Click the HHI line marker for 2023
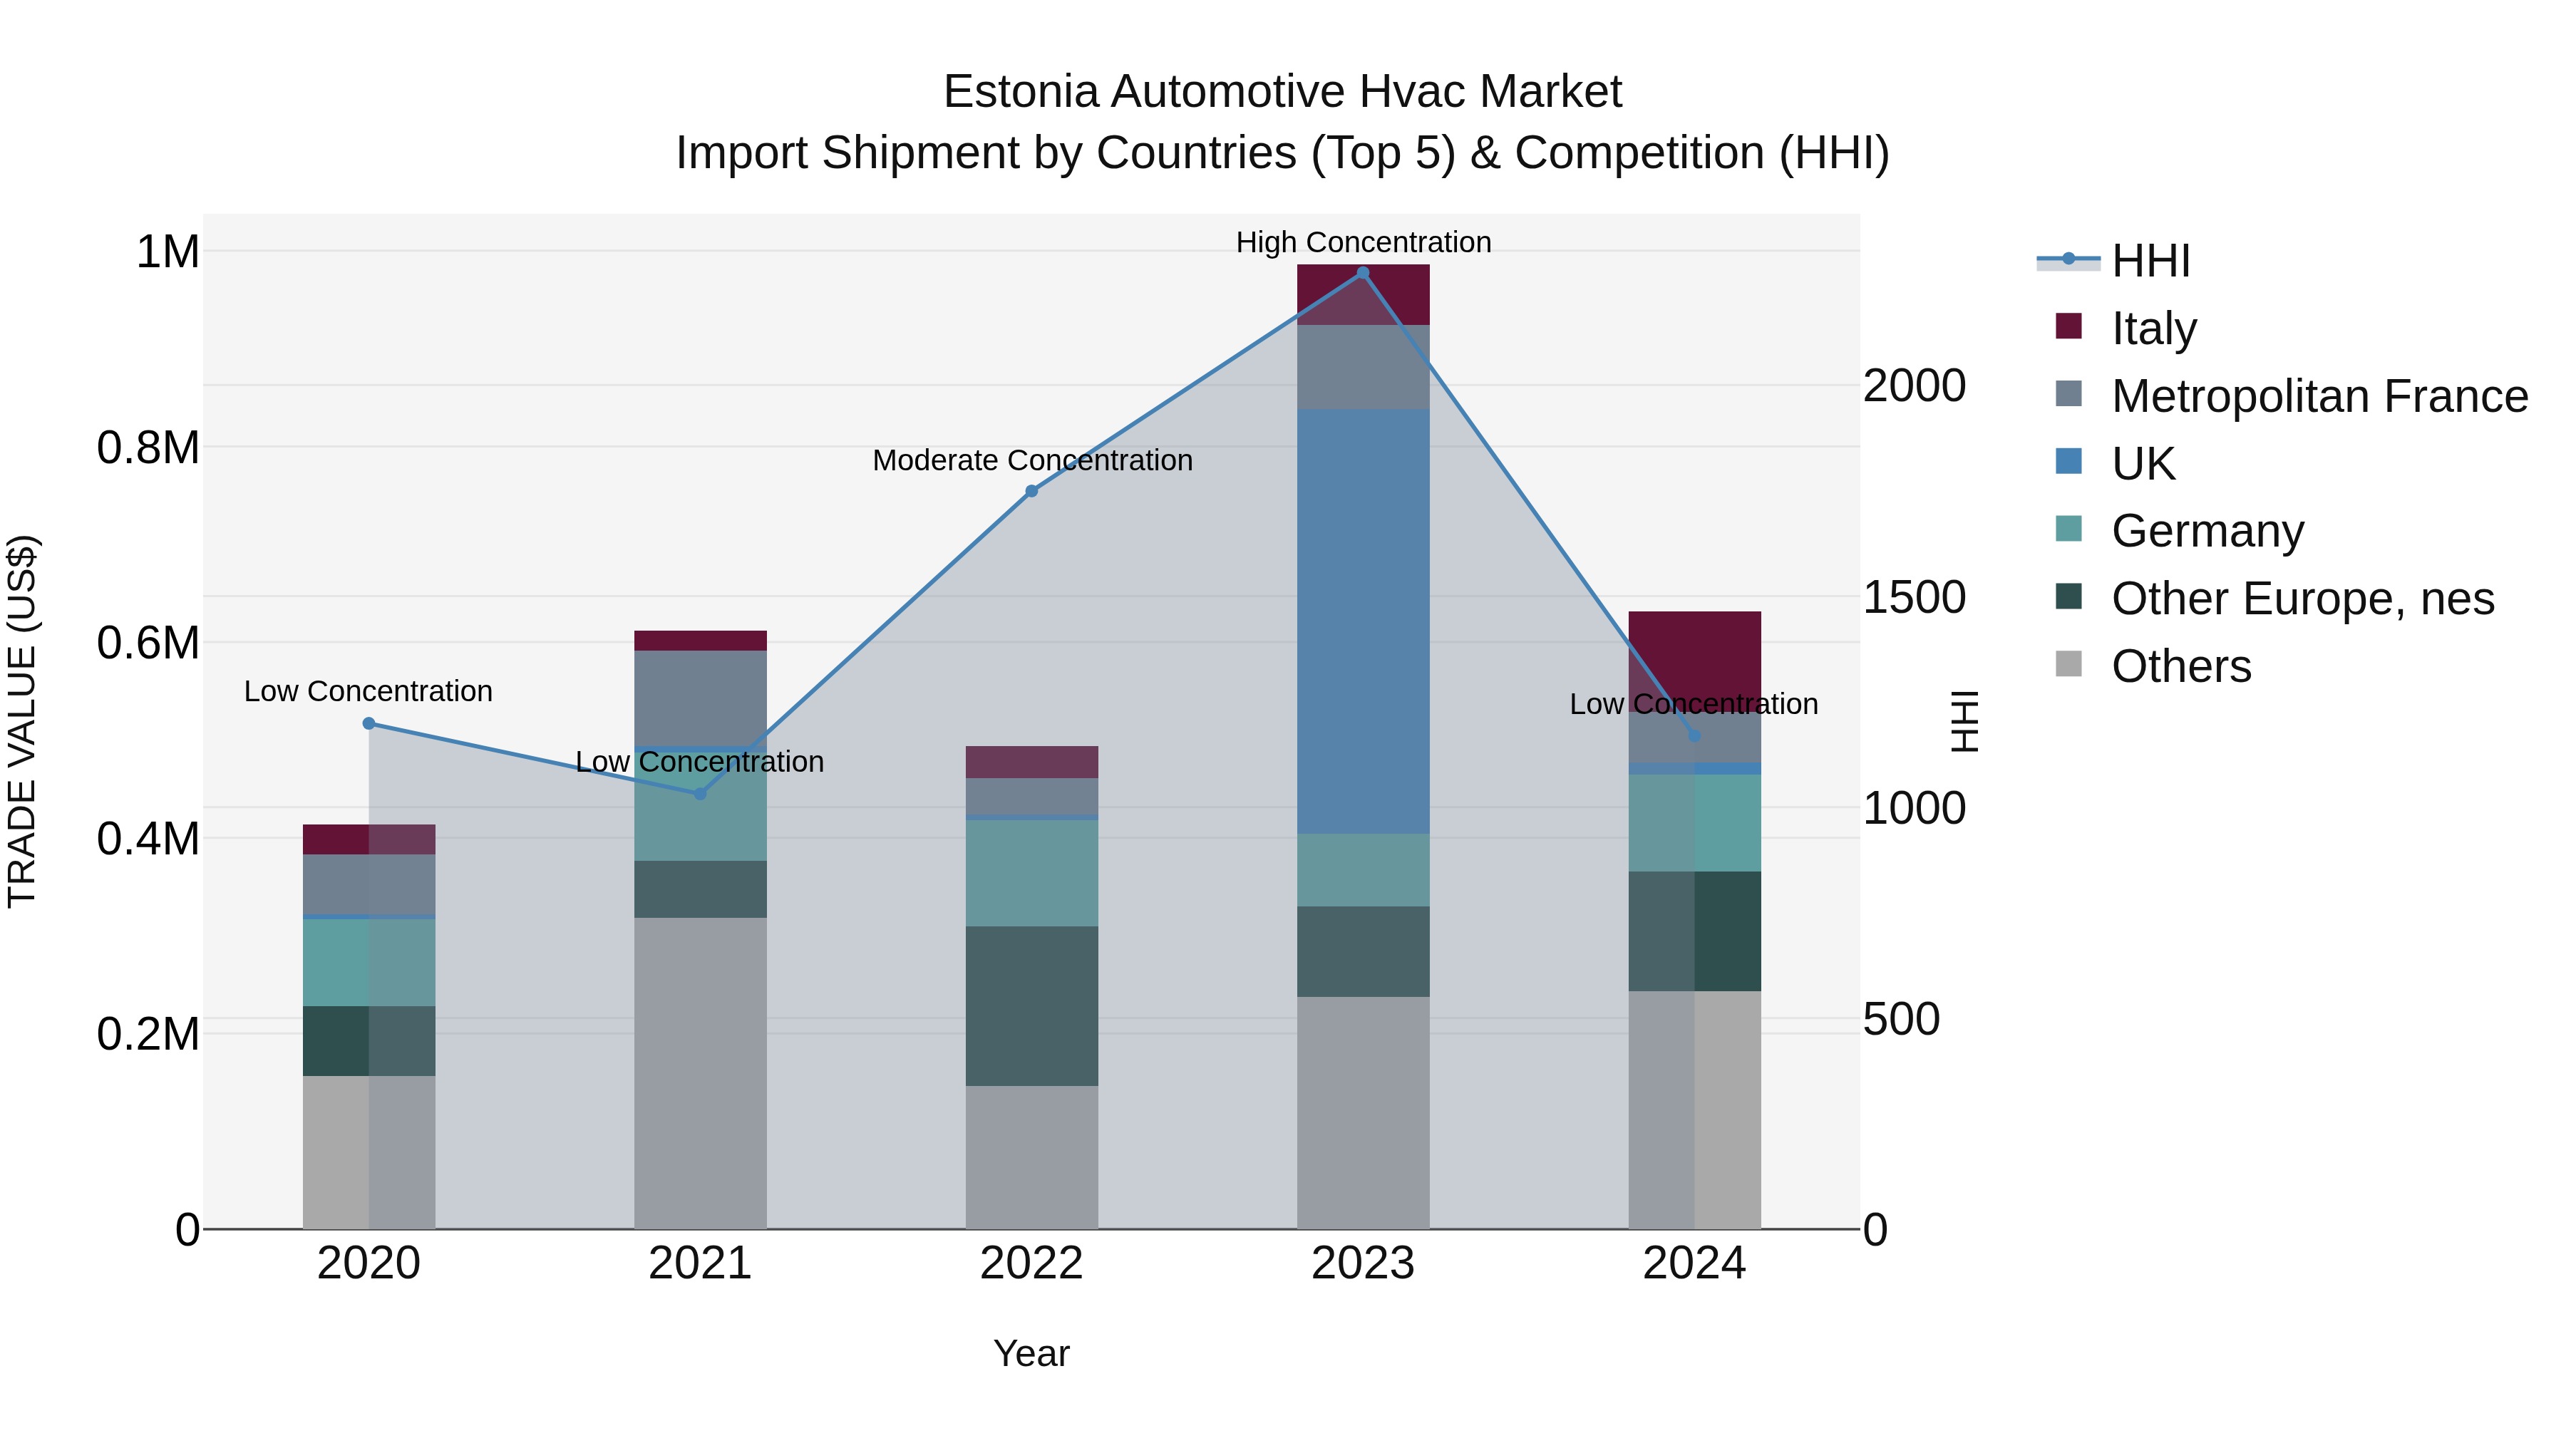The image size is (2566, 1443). click(1363, 273)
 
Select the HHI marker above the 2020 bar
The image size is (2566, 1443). click(369, 723)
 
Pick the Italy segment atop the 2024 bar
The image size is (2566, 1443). click(1694, 652)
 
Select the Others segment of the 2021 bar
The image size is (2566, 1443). click(700, 1072)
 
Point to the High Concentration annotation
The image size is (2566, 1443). click(1363, 242)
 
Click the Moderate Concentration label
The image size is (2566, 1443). click(1032, 460)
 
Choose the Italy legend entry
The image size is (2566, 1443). click(2153, 329)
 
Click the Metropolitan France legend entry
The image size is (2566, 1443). click(2319, 396)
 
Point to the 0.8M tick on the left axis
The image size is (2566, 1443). click(148, 447)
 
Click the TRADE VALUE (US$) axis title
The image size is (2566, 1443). click(22, 721)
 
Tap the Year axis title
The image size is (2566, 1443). click(1031, 1353)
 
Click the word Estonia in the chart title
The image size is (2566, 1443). click(1021, 92)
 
